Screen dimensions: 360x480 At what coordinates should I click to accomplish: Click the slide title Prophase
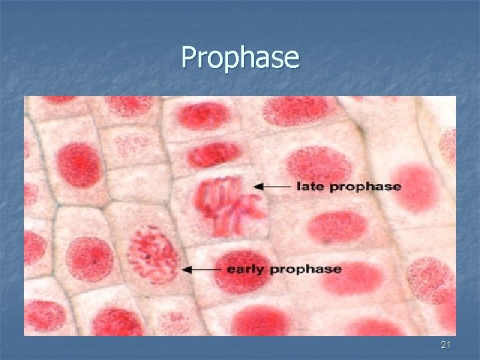[x=240, y=58]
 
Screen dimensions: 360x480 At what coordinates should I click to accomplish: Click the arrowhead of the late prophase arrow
[x=257, y=187]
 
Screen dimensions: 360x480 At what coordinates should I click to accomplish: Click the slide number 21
[x=446, y=345]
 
